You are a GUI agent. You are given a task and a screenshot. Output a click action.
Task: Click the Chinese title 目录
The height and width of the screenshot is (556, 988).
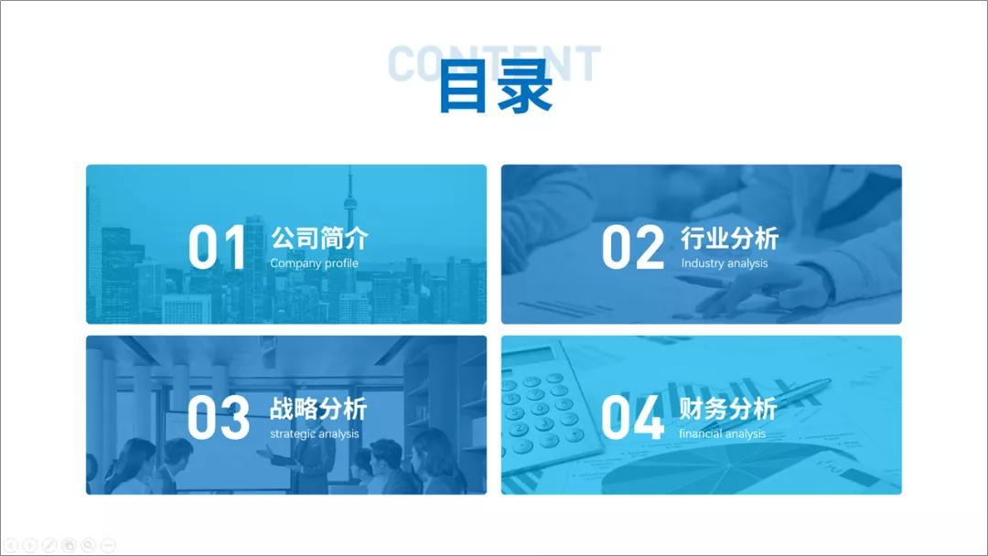click(495, 87)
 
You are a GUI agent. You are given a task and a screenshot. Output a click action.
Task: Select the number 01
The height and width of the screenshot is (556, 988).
click(217, 247)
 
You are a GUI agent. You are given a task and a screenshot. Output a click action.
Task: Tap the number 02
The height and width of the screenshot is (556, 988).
click(632, 247)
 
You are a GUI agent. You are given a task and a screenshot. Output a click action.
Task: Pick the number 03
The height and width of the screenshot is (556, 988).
click(218, 417)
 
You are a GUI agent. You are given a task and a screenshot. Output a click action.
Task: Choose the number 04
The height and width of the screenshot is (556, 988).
click(632, 418)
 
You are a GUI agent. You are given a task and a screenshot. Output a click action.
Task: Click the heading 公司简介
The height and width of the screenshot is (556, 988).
click(319, 239)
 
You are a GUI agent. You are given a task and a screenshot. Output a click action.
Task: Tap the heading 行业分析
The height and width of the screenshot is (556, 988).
click(729, 239)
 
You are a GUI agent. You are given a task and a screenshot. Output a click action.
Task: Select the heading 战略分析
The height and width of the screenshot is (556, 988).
click(319, 408)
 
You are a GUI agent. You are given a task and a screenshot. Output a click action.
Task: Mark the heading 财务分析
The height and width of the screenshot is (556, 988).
click(729, 408)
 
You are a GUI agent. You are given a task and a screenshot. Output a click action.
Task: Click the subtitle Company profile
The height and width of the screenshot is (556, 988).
click(314, 263)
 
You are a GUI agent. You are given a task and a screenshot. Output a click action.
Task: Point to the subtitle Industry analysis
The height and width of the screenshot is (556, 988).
click(725, 263)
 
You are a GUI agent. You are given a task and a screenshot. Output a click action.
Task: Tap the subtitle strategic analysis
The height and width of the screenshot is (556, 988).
click(315, 433)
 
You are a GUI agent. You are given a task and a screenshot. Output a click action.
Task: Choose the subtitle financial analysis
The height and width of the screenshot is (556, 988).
click(723, 433)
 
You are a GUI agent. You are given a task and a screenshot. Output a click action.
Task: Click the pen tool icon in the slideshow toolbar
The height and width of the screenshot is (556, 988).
click(49, 545)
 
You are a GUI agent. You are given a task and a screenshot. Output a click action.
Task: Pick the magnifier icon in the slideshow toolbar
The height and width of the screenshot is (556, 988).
click(89, 545)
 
